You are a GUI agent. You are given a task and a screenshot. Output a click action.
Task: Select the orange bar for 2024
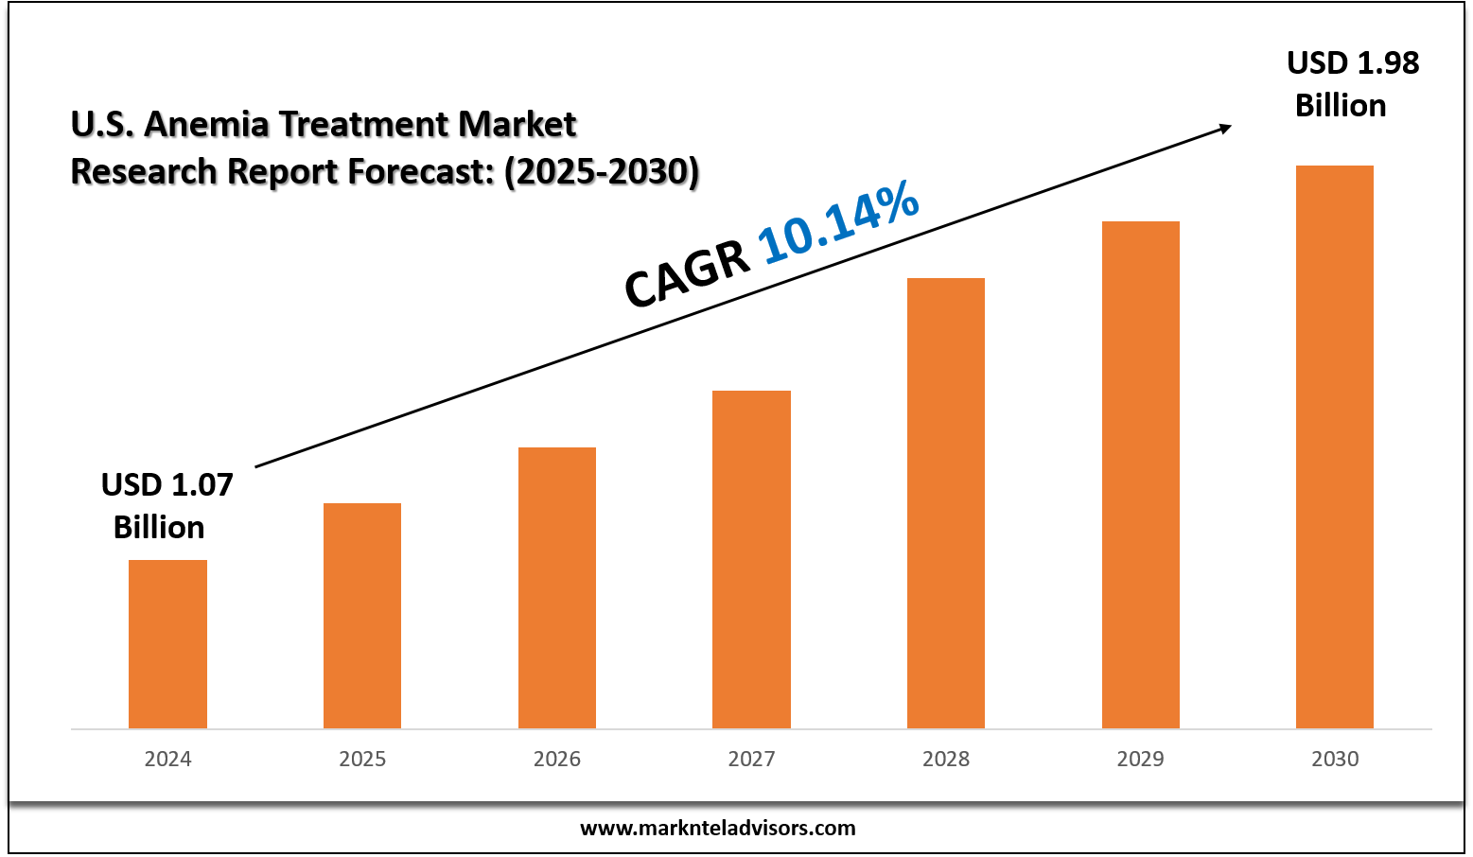tap(167, 644)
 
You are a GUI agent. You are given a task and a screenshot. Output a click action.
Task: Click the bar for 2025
tap(362, 616)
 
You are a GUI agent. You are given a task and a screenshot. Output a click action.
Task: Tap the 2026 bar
tap(557, 587)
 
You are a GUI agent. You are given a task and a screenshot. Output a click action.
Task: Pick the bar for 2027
tap(751, 559)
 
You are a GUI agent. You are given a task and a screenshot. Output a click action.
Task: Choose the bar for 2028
tap(946, 503)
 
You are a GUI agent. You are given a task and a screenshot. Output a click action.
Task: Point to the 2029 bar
tap(1141, 475)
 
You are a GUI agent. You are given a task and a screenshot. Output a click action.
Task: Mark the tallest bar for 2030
tap(1335, 446)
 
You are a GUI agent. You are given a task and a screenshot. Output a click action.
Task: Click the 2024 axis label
tap(167, 759)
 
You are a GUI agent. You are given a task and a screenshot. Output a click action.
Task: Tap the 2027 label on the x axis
tap(751, 759)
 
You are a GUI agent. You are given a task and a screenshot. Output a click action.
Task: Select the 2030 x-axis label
tap(1335, 759)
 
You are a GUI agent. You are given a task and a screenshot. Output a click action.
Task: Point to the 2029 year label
tap(1141, 759)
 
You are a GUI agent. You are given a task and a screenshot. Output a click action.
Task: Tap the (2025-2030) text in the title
tap(602, 172)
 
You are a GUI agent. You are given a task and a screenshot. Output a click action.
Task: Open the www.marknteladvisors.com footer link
tap(717, 829)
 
